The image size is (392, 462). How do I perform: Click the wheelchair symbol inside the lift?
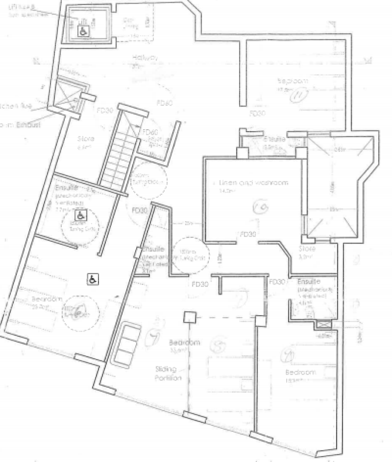click(x=83, y=30)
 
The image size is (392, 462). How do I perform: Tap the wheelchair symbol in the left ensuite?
click(x=79, y=215)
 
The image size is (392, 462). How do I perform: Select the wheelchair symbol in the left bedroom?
click(x=91, y=279)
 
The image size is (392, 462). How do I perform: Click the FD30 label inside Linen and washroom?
click(x=247, y=234)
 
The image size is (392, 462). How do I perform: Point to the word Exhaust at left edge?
click(x=28, y=125)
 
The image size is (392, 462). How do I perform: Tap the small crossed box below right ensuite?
click(x=323, y=325)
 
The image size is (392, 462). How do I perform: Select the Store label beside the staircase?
click(x=86, y=139)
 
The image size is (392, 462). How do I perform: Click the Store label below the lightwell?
click(x=307, y=249)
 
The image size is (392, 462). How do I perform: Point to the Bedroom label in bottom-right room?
click(x=300, y=372)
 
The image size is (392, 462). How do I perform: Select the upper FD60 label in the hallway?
click(x=164, y=103)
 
